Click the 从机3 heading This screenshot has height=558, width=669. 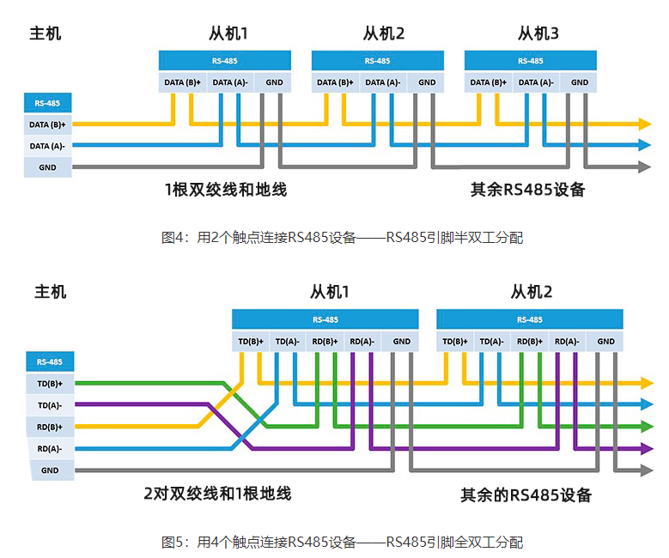pyautogui.click(x=538, y=34)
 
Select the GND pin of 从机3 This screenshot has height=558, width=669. pyautogui.click(x=580, y=83)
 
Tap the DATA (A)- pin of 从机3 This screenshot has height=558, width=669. pyautogui.click(x=535, y=83)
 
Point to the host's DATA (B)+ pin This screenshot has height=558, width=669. pyautogui.click(x=47, y=124)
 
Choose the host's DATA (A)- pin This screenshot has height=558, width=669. pyautogui.click(x=47, y=146)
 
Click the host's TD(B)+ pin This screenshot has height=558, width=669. pyautogui.click(x=50, y=383)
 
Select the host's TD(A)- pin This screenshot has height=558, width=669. pyautogui.click(x=50, y=404)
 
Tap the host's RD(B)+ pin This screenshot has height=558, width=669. pyautogui.click(x=50, y=427)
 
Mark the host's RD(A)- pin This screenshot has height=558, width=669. pyautogui.click(x=50, y=448)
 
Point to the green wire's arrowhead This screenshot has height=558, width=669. pyautogui.click(x=646, y=425)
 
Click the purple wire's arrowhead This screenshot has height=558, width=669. pyautogui.click(x=646, y=447)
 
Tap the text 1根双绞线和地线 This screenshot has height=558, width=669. pyautogui.click(x=226, y=190)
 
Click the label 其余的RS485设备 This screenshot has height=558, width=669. pyautogui.click(x=526, y=495)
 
